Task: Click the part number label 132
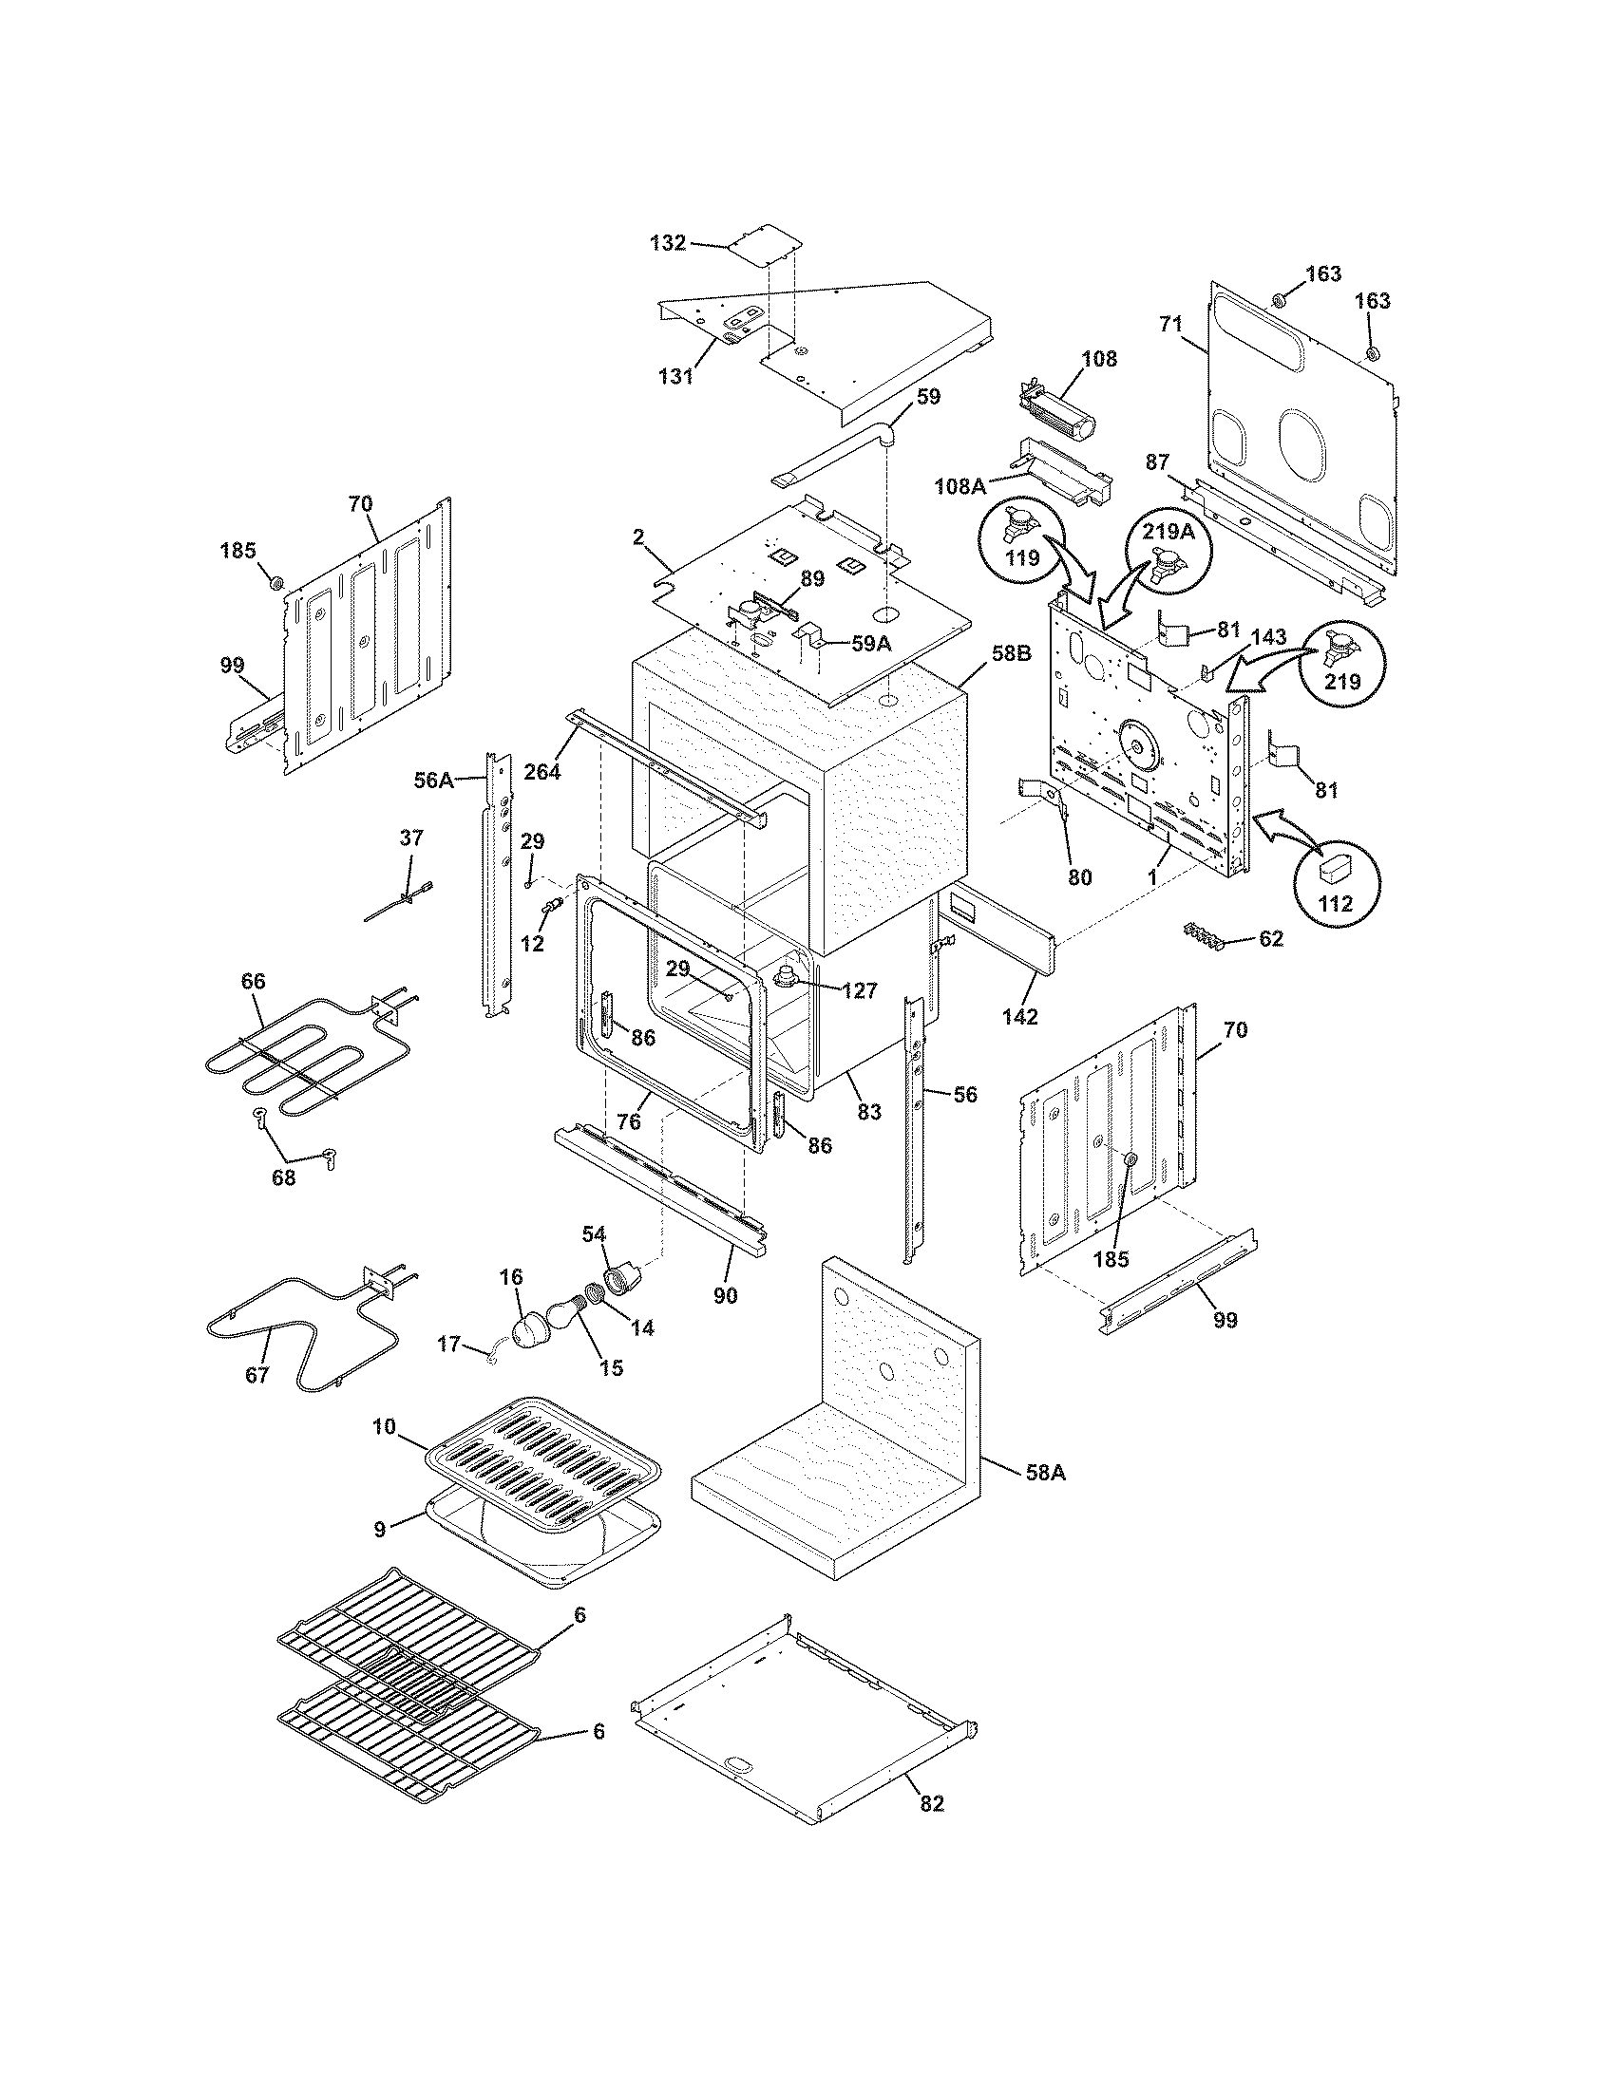[x=668, y=243]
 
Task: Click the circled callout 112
[x=1336, y=878]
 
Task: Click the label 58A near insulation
[x=1045, y=1474]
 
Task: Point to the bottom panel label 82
[x=931, y=1803]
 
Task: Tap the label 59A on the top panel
[x=870, y=644]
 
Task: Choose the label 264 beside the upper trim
[x=542, y=771]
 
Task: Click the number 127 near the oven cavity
[x=858, y=991]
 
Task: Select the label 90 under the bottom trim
[x=725, y=1295]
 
